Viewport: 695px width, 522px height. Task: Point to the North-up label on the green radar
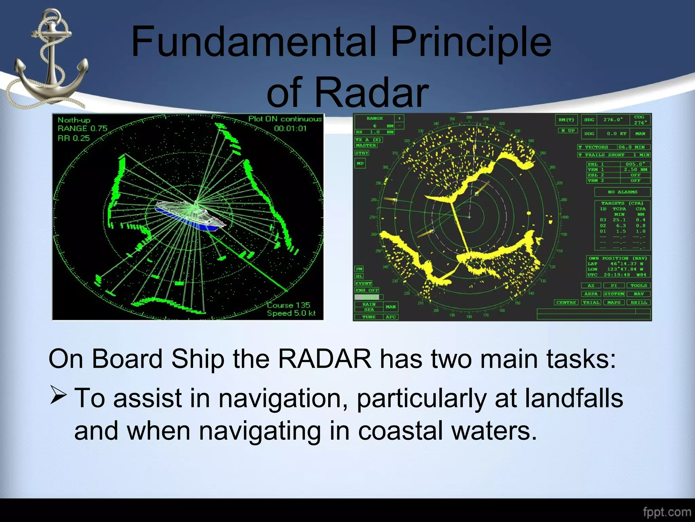74,120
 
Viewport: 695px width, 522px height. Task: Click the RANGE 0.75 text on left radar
82,128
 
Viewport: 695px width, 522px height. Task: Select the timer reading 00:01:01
290,128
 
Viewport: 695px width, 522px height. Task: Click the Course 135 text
288,305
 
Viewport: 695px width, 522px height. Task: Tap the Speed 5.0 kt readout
291,313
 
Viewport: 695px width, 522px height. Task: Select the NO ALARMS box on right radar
622,192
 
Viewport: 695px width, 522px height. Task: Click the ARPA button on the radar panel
591,294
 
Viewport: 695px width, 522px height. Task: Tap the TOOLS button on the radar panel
639,286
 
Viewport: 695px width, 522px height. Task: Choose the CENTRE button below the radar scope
566,302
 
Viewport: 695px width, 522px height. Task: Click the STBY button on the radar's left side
362,153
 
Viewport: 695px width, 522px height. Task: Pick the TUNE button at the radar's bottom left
369,317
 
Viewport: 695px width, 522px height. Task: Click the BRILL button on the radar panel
639,302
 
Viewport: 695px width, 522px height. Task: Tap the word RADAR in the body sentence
325,359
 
